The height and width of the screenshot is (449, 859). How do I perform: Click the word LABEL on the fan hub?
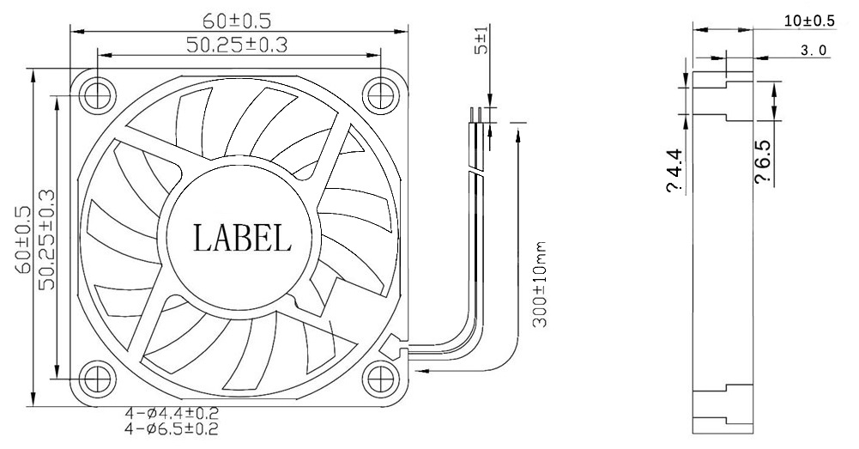pyautogui.click(x=243, y=238)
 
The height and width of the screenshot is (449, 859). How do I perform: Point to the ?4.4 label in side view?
pyautogui.click(x=674, y=171)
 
